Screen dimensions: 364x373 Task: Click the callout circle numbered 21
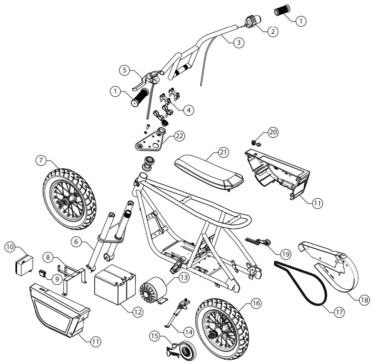(223, 152)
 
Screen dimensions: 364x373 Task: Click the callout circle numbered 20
(273, 131)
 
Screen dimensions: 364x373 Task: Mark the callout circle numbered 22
(179, 136)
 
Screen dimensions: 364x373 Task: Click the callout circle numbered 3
(239, 42)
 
